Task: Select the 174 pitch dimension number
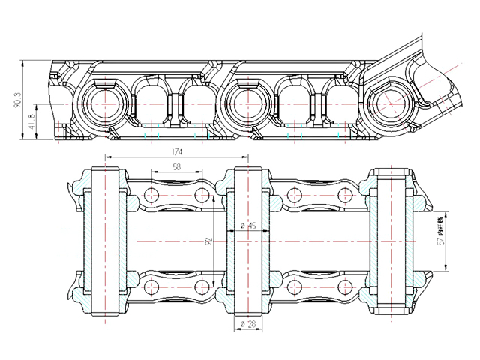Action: [x=177, y=151]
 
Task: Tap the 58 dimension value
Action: [x=176, y=166]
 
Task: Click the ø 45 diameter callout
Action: [x=247, y=226]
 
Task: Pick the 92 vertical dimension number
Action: [x=211, y=241]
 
